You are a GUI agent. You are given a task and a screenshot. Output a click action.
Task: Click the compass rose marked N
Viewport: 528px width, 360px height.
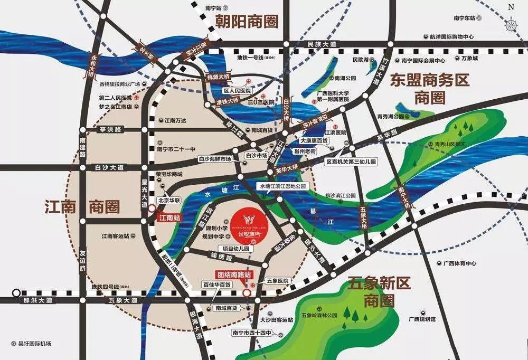click(511, 22)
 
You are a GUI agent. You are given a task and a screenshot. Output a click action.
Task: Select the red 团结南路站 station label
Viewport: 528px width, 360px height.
click(233, 274)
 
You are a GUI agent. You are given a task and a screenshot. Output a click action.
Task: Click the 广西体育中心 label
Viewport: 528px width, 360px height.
click(460, 263)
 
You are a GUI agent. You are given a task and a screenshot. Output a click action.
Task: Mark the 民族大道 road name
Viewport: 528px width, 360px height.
click(322, 44)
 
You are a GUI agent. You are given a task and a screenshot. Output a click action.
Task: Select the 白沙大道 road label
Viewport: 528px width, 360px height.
click(109, 167)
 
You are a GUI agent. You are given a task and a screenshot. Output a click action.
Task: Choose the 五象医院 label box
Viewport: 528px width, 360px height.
click(278, 281)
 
